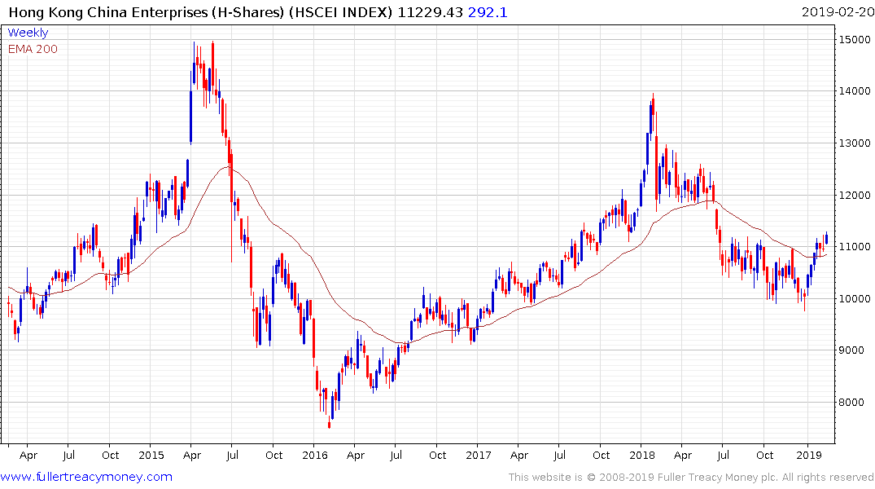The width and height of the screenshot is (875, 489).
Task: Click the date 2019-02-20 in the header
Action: (836, 11)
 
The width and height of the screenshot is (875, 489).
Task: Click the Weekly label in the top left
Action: (28, 33)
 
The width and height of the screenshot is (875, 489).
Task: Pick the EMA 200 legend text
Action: (33, 49)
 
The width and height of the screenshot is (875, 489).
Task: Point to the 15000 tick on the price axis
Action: (855, 39)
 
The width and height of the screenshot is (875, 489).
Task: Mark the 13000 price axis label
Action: (855, 143)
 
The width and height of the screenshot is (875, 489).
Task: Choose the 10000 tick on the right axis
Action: (855, 299)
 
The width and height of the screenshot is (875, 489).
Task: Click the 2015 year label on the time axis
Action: (151, 455)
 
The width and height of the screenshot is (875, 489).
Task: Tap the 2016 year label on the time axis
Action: (314, 455)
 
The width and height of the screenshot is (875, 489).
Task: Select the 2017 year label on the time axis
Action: (479, 455)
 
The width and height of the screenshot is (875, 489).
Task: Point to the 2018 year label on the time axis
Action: (643, 455)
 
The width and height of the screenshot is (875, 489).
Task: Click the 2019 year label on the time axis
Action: (807, 455)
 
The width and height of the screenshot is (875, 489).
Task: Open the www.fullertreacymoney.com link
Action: (86, 477)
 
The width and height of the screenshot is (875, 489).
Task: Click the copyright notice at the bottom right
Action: (692, 478)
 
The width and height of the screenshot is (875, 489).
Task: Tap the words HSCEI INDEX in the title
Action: (343, 11)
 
